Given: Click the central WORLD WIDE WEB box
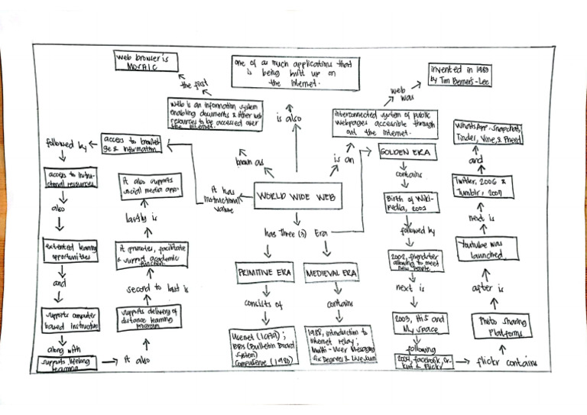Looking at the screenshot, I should (x=297, y=196).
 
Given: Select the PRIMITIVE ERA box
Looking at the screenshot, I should (x=264, y=272).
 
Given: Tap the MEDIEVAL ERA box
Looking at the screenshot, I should (x=333, y=272).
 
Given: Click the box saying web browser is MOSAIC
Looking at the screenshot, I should (x=145, y=60).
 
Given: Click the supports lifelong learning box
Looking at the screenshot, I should (x=66, y=363).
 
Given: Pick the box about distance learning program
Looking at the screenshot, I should (x=149, y=316).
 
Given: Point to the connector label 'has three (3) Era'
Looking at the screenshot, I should (x=293, y=233).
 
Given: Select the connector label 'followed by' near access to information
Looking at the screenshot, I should (x=66, y=143).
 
